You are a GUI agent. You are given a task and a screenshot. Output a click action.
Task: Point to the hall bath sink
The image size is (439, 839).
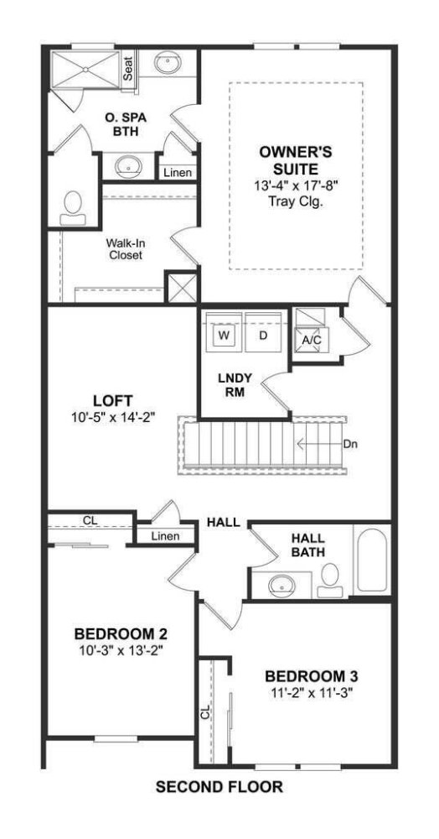281,585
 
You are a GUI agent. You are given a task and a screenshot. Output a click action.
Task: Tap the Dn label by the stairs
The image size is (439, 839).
350,444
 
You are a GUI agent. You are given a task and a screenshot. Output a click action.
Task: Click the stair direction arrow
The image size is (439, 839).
319,444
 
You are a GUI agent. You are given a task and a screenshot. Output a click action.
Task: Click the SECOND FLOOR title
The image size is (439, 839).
219,787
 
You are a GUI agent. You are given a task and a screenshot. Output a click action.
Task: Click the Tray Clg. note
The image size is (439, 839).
296,201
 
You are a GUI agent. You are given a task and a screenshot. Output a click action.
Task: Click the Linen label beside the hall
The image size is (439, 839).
166,536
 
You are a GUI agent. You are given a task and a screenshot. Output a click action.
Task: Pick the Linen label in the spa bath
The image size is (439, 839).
178,173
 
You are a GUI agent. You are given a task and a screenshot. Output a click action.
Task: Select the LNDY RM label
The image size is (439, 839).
231,384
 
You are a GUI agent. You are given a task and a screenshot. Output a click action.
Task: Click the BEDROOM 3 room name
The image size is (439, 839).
312,675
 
